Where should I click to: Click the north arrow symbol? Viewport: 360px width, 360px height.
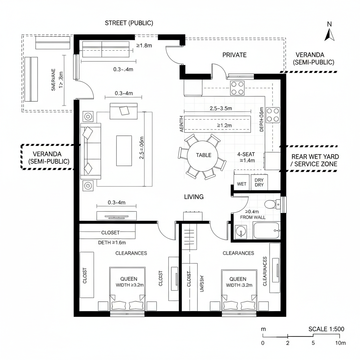tap(329, 34)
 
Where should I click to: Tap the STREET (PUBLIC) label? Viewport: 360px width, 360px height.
tap(129, 23)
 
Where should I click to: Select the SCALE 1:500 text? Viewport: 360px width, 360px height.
tap(326, 329)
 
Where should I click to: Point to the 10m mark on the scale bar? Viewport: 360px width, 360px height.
tap(340, 343)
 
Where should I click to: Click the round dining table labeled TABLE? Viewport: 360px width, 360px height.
tap(204, 155)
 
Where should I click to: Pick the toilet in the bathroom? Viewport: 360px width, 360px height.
tap(271, 204)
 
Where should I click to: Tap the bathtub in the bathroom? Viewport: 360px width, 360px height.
tap(266, 231)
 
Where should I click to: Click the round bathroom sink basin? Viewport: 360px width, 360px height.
tap(241, 231)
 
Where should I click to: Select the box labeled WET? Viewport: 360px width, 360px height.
tap(242, 184)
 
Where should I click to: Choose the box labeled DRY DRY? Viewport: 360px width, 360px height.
tap(259, 182)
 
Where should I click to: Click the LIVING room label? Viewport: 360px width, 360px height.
tap(194, 197)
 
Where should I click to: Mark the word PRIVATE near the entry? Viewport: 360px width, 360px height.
tap(234, 55)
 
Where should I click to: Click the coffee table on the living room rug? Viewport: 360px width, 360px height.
tap(124, 151)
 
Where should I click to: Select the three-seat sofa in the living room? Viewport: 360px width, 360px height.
tap(91, 151)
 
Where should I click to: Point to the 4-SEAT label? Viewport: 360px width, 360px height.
tap(246, 154)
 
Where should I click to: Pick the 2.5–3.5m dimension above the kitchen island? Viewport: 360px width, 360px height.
tap(221, 108)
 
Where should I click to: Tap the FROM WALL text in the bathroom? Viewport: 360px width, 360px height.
tap(253, 217)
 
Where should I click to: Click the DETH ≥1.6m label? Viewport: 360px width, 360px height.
tap(112, 242)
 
